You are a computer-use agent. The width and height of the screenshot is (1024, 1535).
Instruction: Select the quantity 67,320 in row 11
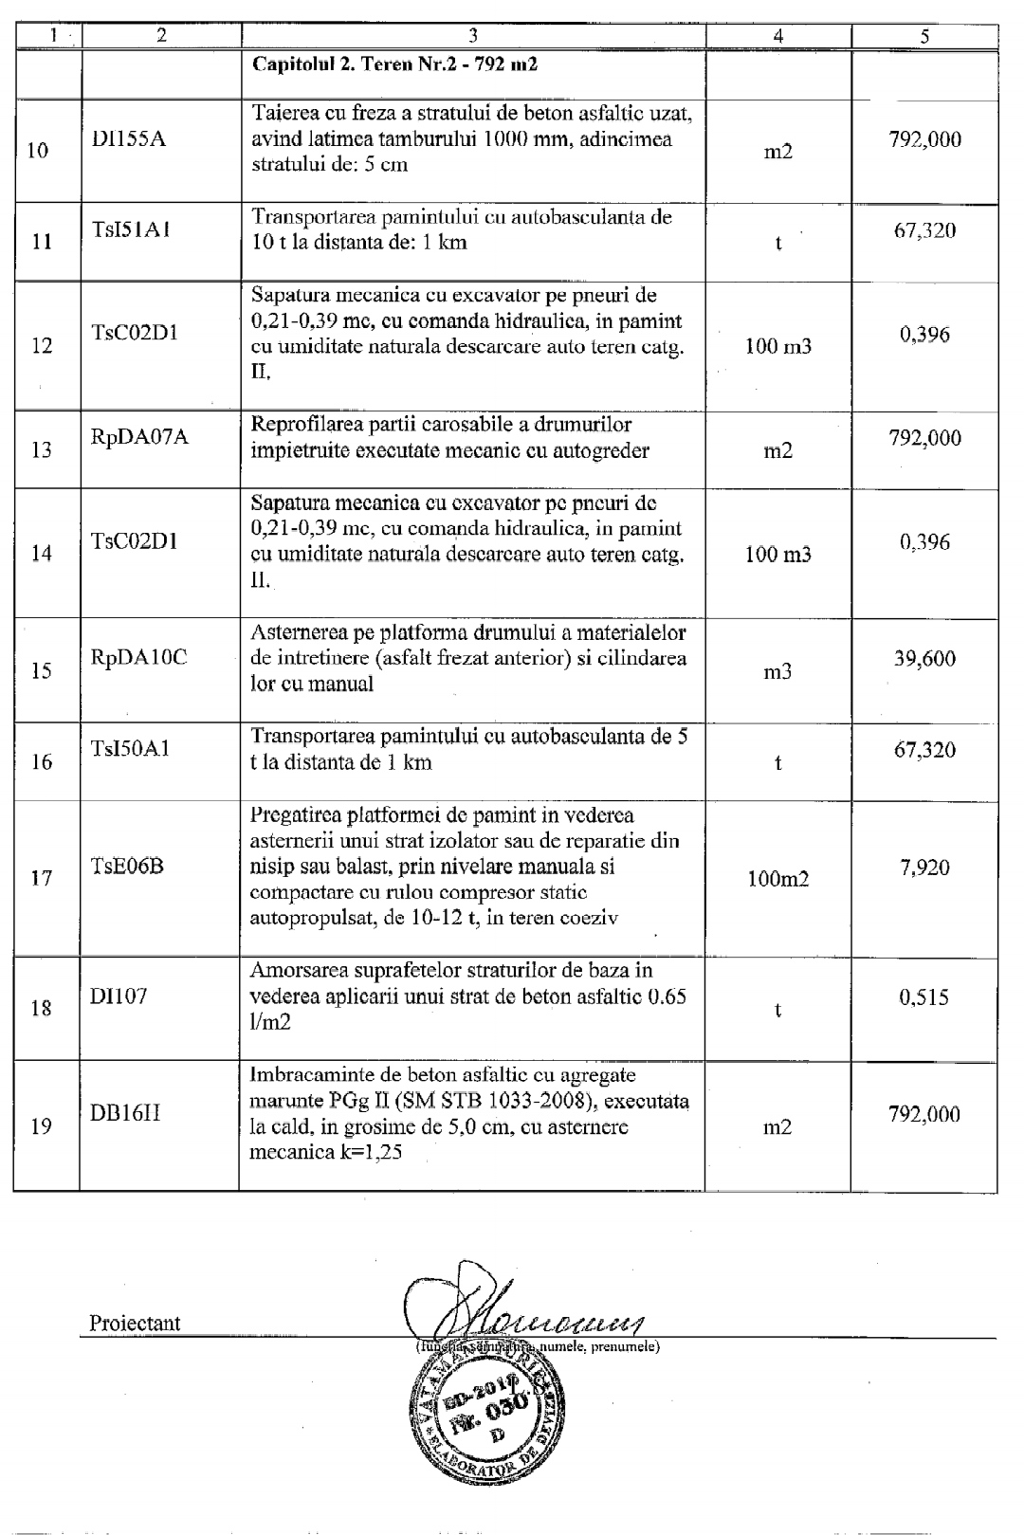tap(924, 230)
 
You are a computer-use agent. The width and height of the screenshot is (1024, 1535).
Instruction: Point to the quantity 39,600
tap(924, 659)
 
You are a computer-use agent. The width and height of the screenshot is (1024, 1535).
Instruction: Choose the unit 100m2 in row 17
tap(777, 879)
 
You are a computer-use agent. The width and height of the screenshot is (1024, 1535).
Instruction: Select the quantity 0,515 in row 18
tap(924, 996)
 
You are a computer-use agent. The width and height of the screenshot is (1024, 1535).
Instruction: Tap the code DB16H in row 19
tap(125, 1113)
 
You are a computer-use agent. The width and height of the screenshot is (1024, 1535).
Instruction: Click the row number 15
tap(42, 671)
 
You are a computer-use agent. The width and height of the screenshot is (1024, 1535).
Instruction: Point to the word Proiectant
tap(135, 1323)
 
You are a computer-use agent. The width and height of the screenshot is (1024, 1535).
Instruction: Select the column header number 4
tap(777, 36)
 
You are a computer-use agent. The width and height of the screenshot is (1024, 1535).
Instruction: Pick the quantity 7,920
tap(924, 867)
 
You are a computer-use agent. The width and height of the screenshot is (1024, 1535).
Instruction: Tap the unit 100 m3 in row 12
tap(777, 346)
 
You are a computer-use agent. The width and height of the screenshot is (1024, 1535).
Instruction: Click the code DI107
tap(119, 996)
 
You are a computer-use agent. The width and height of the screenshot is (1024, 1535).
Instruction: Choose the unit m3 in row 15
tap(777, 672)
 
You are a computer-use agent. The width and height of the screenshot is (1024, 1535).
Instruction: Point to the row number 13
tap(42, 449)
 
